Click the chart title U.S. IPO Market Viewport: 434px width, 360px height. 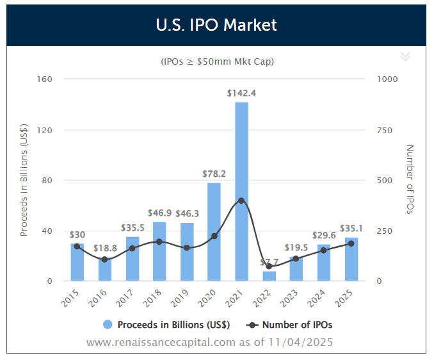pyautogui.click(x=216, y=26)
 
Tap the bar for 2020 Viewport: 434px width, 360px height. pyautogui.click(x=214, y=231)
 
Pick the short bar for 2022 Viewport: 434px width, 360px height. pyautogui.click(x=269, y=276)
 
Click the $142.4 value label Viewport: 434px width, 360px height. pyautogui.click(x=241, y=93)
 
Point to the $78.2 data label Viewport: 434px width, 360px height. pyautogui.click(x=214, y=174)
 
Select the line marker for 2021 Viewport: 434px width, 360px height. pyautogui.click(x=241, y=200)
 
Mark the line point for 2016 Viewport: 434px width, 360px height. pyautogui.click(x=104, y=259)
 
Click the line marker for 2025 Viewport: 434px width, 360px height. pyautogui.click(x=351, y=243)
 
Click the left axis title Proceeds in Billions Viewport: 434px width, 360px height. pyautogui.click(x=24, y=180)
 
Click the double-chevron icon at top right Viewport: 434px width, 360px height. pyautogui.click(x=405, y=56)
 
